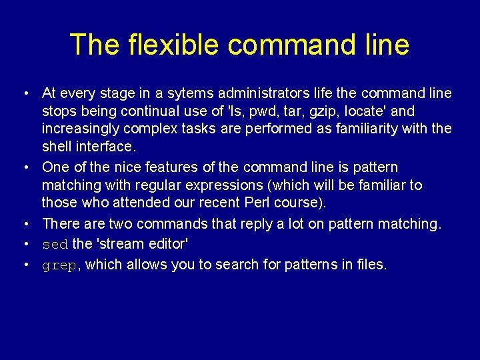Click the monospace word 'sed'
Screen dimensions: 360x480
(x=55, y=245)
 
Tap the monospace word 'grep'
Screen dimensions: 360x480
(x=59, y=265)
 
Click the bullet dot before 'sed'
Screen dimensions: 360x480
(x=24, y=245)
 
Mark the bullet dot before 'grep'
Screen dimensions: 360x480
(x=24, y=265)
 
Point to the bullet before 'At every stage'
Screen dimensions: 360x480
(x=24, y=93)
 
